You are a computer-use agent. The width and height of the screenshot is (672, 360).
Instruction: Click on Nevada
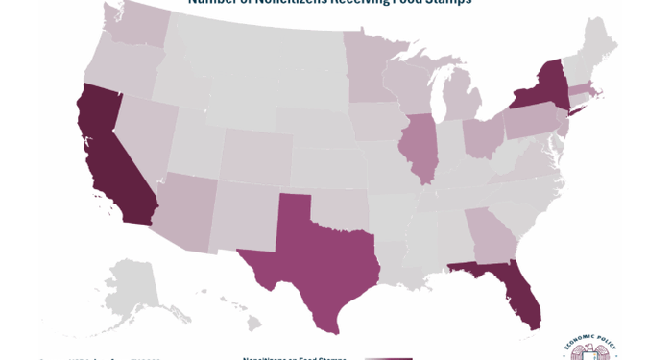[144, 125]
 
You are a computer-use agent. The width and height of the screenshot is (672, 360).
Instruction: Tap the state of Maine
[600, 38]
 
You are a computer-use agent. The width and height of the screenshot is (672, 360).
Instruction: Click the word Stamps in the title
[446, 3]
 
